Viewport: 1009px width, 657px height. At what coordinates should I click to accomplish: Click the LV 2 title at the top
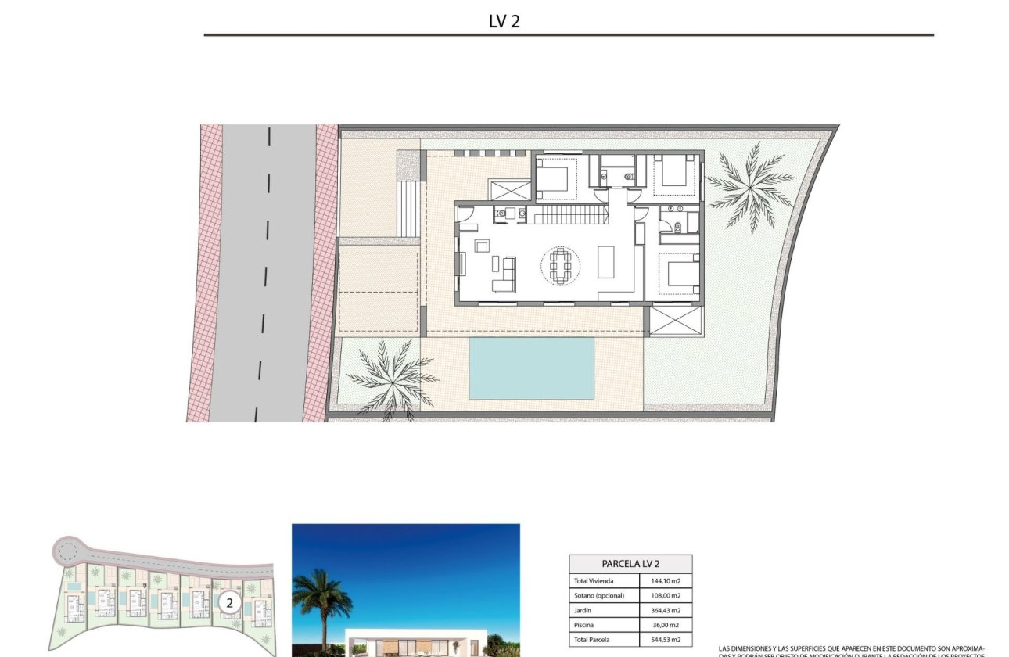tap(504, 22)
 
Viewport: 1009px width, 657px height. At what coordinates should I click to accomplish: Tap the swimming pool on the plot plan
tap(531, 367)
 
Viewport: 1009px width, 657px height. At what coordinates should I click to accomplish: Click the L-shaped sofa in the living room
tap(504, 275)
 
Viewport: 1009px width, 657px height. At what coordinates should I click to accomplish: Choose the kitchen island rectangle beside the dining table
tap(606, 261)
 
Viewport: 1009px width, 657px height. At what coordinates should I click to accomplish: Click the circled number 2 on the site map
tap(229, 602)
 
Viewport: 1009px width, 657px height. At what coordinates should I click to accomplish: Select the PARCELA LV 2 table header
tap(630, 563)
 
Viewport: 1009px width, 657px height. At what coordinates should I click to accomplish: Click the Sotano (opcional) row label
tap(599, 595)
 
